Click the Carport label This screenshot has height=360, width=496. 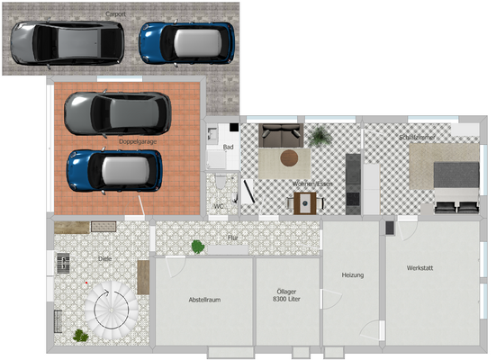(x=115, y=14)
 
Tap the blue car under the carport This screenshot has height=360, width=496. (x=187, y=41)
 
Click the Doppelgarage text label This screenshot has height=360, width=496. (x=137, y=141)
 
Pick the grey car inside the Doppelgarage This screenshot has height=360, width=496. (x=116, y=112)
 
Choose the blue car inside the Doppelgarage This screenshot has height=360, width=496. (x=114, y=170)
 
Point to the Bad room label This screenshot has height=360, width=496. (x=229, y=147)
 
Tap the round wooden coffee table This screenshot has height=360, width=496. (x=290, y=158)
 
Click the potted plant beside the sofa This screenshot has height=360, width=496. (x=319, y=137)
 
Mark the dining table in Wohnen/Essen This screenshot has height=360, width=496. (x=306, y=202)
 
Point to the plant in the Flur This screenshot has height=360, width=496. (x=197, y=245)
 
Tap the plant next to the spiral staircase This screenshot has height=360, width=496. (x=82, y=335)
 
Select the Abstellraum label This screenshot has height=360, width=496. (x=204, y=299)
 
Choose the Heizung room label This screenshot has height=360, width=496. (x=352, y=274)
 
